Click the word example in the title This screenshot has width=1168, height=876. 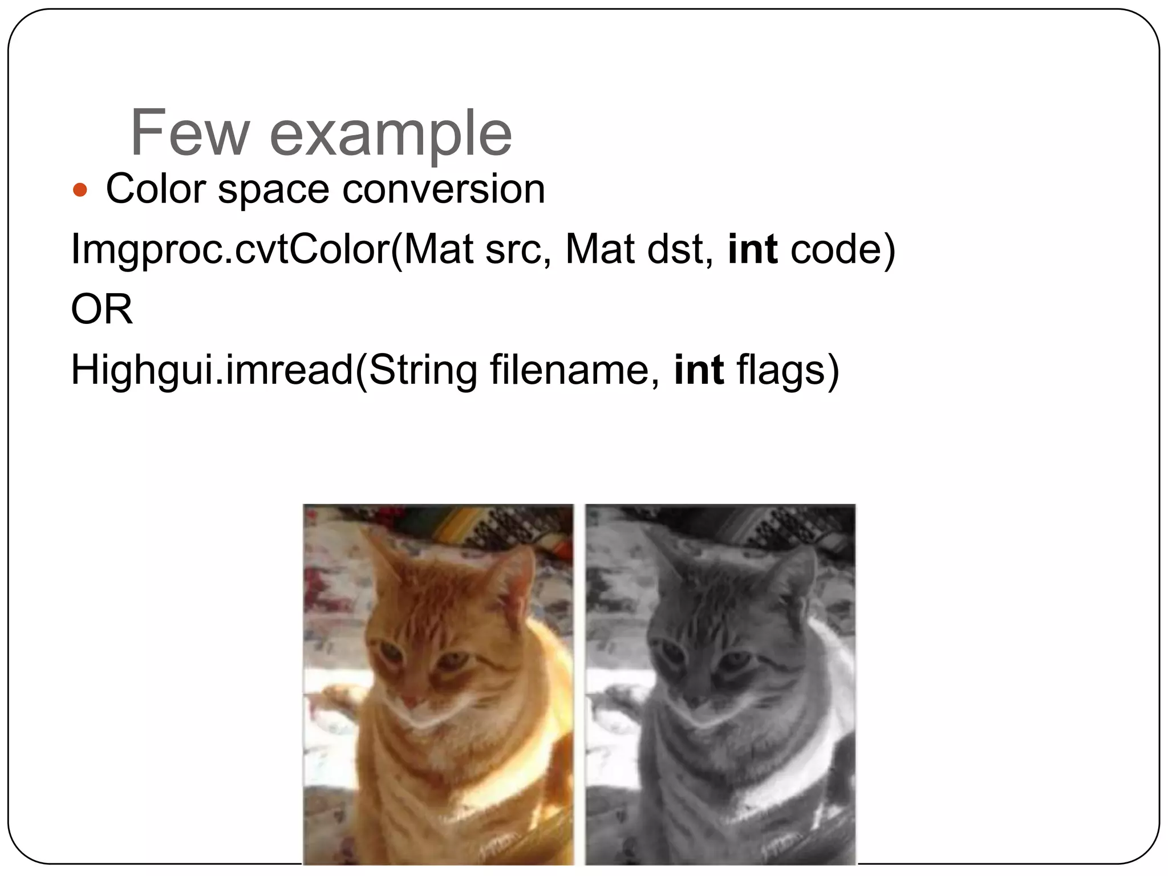point(391,135)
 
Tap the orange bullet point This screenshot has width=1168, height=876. point(80,190)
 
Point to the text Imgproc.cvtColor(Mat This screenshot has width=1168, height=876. point(271,250)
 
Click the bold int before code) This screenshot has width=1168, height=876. point(752,250)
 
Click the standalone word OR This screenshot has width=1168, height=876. point(102,310)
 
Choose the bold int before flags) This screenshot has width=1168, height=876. point(699,370)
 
